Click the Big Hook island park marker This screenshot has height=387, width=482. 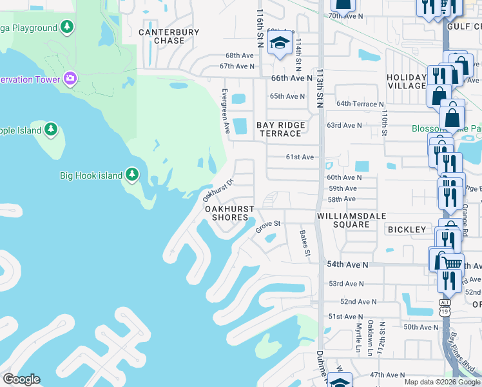tap(132, 175)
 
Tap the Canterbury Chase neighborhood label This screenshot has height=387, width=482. tap(161, 36)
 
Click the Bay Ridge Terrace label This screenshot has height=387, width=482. tap(280, 129)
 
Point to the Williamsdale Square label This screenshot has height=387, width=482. tap(343, 220)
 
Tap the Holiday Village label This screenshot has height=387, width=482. tap(407, 82)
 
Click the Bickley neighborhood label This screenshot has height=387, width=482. tap(407, 230)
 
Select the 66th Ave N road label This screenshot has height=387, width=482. tap(287, 78)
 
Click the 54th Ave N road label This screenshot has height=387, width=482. tap(348, 265)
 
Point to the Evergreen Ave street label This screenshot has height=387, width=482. tap(226, 111)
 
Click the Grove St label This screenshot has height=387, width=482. tap(269, 226)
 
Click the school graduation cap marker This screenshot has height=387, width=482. tap(280, 45)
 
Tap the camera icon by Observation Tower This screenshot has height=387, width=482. tap(70, 79)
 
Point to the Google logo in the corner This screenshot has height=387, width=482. tap(21, 379)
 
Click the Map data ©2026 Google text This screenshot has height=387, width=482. tap(441, 382)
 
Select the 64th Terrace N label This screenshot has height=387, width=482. tap(360, 104)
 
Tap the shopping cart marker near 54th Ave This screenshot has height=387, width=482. tap(453, 263)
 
